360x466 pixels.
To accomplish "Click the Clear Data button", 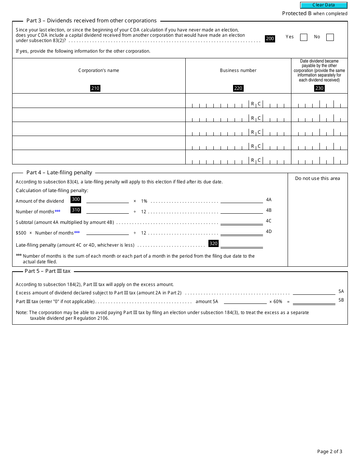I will (x=324, y=5).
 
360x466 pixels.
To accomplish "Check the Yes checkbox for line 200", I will (x=304, y=37).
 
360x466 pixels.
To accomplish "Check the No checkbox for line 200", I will (x=330, y=37).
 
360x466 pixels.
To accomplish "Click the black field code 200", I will (x=270, y=39).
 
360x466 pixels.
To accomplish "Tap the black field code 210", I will (x=95, y=88).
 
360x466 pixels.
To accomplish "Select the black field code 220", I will (x=238, y=88).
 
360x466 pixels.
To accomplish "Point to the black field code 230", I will (x=319, y=88).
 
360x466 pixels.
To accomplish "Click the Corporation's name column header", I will (x=99, y=70).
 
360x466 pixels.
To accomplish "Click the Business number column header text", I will (x=238, y=70).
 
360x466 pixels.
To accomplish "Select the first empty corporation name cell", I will (x=99, y=101).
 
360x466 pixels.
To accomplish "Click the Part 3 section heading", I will (x=91, y=21).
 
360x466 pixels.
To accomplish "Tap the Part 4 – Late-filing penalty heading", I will (x=59, y=172).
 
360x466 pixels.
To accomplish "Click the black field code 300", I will (x=76, y=199).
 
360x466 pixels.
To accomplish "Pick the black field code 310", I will (x=76, y=210).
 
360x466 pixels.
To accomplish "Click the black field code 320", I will (x=214, y=244).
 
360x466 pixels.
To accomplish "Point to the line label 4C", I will (x=269, y=221).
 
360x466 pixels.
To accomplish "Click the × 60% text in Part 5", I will (x=275, y=302).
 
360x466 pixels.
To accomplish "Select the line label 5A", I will (x=341, y=291).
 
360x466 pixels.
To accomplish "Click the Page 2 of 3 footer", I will (x=329, y=451).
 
